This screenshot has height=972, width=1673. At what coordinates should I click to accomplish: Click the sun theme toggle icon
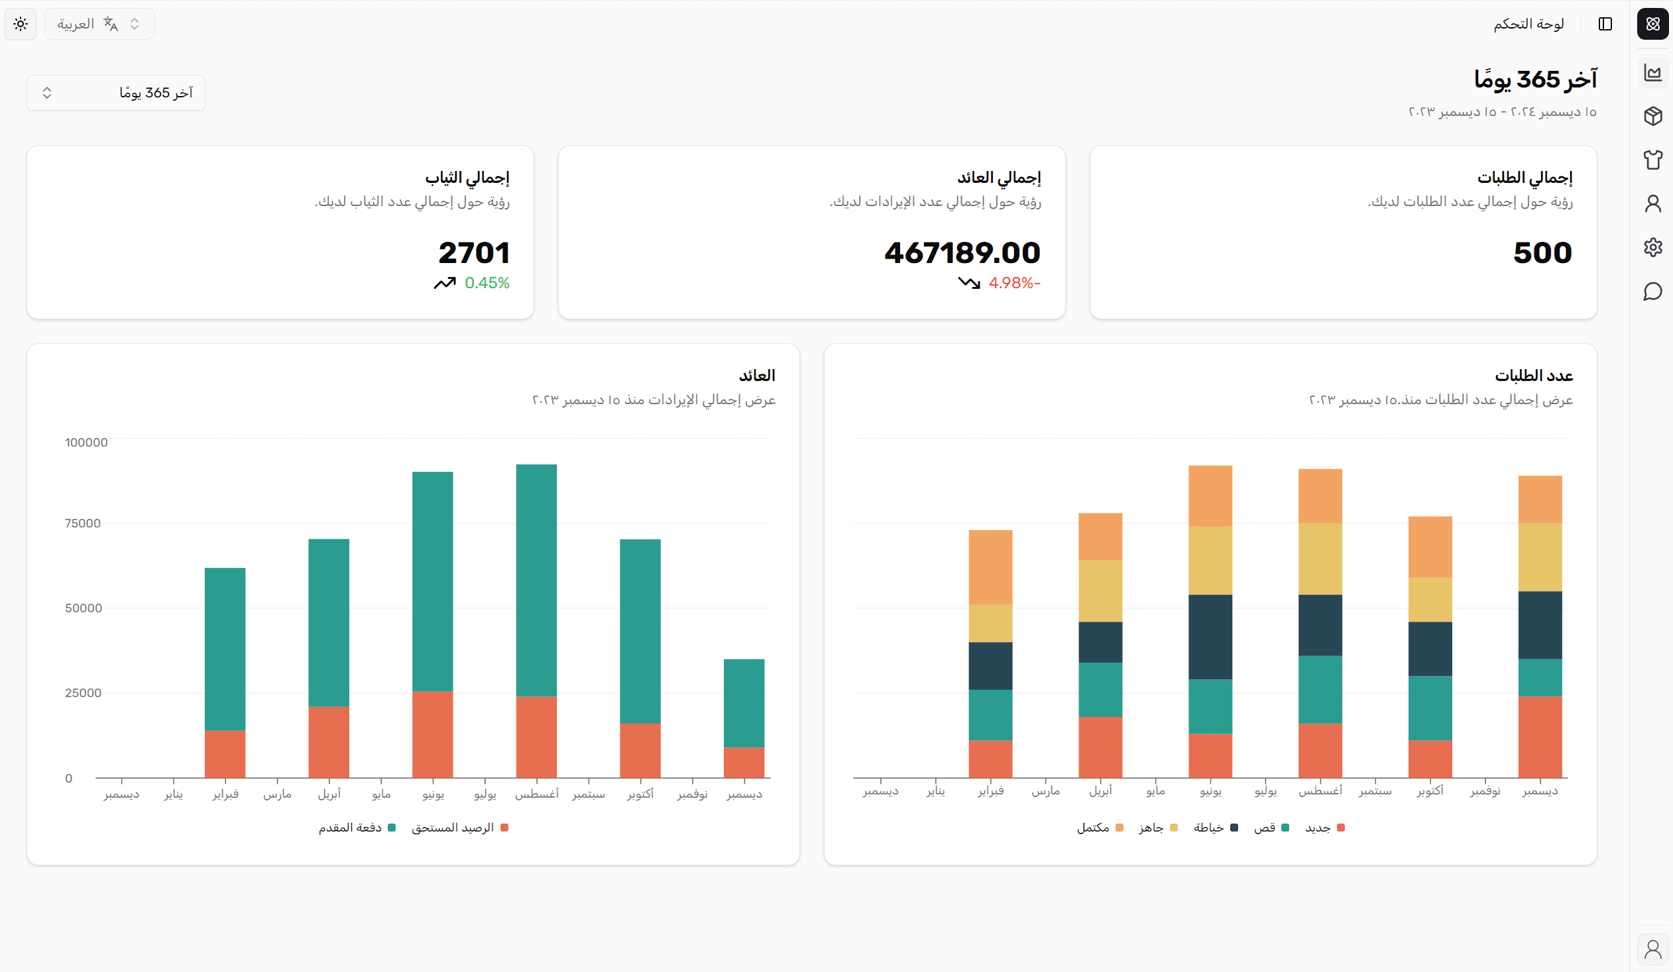[x=21, y=24]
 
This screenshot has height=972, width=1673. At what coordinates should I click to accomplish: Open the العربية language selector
[x=99, y=24]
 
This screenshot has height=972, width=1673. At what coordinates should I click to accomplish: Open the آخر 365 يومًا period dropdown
[x=115, y=93]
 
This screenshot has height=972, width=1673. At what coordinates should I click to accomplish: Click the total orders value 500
[x=1542, y=253]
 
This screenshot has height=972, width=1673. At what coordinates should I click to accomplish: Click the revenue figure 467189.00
[x=962, y=253]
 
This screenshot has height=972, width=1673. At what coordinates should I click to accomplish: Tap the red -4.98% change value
[x=1013, y=284]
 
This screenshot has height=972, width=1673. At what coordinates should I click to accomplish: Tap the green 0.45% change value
[x=487, y=284]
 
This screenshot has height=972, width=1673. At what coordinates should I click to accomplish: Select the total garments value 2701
[x=473, y=253]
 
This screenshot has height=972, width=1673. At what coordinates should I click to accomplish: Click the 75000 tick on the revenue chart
[x=83, y=523]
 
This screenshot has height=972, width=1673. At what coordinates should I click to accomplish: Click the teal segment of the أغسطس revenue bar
[x=536, y=580]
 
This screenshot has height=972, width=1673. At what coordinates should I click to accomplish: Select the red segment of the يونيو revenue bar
[x=432, y=735]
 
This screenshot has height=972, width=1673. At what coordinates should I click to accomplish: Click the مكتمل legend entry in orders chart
[x=1100, y=828]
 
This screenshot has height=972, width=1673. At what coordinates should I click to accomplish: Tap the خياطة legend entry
[x=1215, y=828]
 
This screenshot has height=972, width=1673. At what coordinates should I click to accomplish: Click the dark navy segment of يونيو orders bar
[x=1210, y=637]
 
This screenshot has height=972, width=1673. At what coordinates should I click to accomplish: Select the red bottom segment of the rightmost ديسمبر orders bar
[x=1540, y=737]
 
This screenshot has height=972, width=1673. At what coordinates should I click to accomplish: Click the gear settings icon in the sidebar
[x=1653, y=248]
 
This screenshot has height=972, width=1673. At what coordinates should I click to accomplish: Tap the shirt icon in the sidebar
[x=1653, y=159]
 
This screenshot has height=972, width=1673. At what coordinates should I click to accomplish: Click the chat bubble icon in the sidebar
[x=1653, y=292]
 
